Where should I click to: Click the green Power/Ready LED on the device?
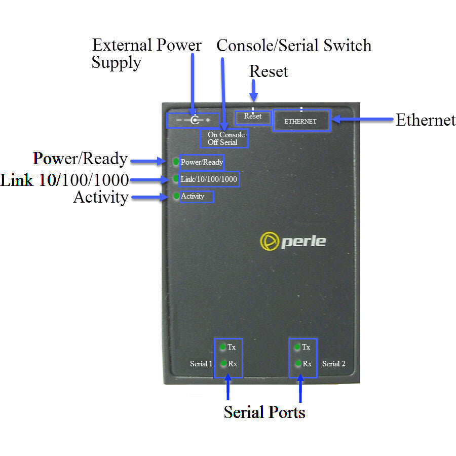coord(176,162)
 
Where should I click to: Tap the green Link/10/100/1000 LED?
coord(176,179)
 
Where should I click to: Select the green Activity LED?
coord(176,196)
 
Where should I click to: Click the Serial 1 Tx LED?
coord(222,347)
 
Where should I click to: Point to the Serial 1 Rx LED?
coord(222,363)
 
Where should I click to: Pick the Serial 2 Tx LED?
coord(297,347)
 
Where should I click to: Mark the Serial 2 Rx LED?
coord(297,363)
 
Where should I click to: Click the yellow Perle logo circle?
coord(268,241)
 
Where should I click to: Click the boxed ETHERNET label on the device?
coord(301,121)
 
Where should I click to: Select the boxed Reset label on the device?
coord(253,117)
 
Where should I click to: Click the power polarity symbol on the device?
coord(193,121)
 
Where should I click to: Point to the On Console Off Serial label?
coord(226,138)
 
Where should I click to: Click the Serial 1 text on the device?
coord(201,364)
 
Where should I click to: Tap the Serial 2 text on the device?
coord(333,364)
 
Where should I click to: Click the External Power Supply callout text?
coord(146,53)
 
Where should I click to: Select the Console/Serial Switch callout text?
coord(294,46)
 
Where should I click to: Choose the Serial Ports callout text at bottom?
coord(264,412)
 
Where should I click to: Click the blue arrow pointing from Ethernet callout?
coord(362,120)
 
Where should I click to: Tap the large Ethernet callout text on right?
coord(425,120)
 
